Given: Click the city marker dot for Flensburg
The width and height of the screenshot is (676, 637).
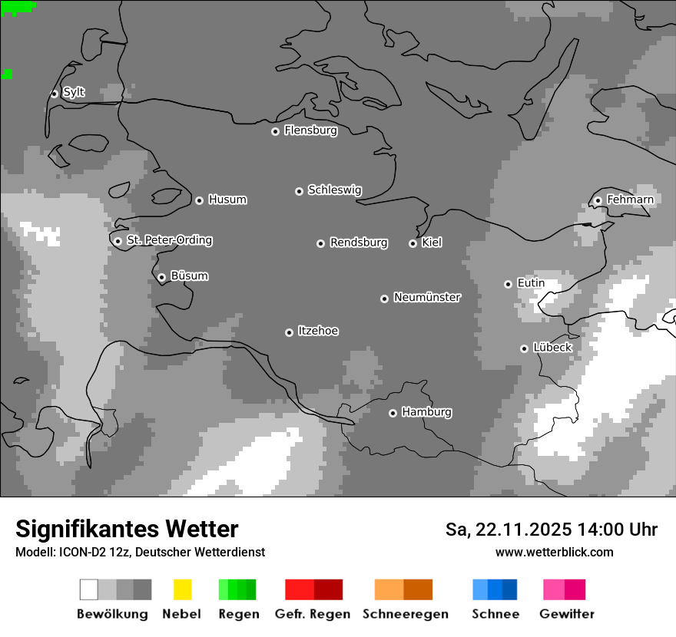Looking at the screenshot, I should point(275,131).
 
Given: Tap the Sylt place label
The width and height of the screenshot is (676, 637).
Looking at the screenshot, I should point(74,92).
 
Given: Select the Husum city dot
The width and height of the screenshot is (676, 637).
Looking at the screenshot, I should point(199,200).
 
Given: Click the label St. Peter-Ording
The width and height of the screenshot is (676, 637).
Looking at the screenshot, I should point(169,240).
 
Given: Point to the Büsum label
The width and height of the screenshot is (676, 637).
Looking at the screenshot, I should point(189,276).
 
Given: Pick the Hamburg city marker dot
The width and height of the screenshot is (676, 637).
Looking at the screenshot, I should point(393,413).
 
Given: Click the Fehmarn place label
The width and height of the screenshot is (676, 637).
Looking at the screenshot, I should point(630,200).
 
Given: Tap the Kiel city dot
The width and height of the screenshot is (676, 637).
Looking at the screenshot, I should point(413,243).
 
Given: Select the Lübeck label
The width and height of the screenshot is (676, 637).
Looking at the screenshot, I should point(552,348).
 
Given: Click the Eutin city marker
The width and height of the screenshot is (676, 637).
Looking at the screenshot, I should point(508,284).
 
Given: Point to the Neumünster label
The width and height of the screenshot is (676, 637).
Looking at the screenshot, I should point(427,297).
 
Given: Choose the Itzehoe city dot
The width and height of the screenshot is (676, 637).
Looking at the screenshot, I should point(289,332).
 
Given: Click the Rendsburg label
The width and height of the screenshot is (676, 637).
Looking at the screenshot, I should point(358,243).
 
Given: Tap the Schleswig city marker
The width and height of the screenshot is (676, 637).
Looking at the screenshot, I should point(299,191).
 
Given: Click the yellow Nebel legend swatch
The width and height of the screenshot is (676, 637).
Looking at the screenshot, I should point(183,589).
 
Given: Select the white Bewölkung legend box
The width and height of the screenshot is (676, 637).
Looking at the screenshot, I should point(89,589).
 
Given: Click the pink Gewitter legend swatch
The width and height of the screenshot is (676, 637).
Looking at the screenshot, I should point(554,589).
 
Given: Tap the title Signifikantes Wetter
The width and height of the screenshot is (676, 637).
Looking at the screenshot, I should point(127,530).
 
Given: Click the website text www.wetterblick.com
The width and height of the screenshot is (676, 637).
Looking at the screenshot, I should point(554,552).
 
